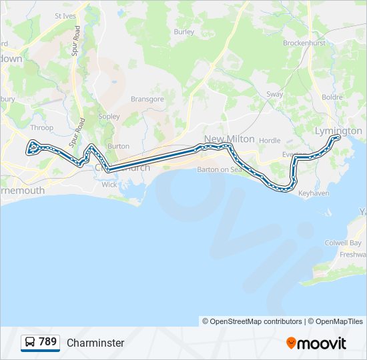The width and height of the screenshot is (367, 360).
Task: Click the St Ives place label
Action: pos(65,15)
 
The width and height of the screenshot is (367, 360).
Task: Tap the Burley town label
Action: pos(183,31)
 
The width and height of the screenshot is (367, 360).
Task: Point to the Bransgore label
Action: pos(147,99)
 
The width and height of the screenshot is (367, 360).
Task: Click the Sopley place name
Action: pos(109,117)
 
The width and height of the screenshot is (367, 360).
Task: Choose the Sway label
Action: pos(275,95)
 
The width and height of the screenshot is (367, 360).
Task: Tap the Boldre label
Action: pos(332,97)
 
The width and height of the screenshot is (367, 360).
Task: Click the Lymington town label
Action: pos(338,131)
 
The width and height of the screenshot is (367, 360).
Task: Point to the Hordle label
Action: pos(270,141)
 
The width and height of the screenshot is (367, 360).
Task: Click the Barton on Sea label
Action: pos(221,169)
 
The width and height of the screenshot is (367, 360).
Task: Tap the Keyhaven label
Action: pos(314,193)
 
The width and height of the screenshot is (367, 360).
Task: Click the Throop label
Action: pos(42,127)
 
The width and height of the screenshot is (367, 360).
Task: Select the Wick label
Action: pos(109,185)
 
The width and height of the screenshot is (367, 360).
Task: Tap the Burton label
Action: pos(118,146)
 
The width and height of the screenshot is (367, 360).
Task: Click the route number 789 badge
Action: pos(41,342)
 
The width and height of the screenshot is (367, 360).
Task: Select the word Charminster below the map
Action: pos(95,343)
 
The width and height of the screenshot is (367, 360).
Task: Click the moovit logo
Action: pos(316,343)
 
